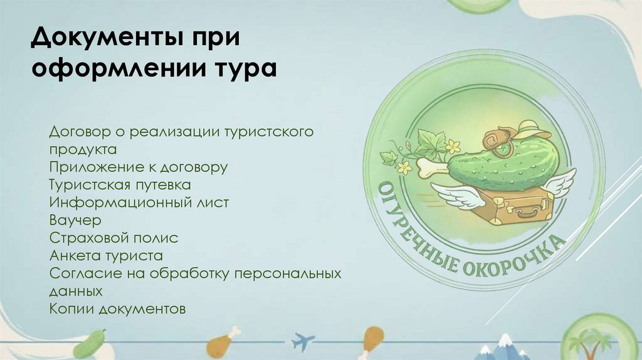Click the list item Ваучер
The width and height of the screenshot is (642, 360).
click(x=74, y=220)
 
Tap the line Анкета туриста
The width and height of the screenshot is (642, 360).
click(x=105, y=256)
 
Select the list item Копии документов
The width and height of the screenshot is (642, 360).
click(x=117, y=309)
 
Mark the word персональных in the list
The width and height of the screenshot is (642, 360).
click(x=292, y=274)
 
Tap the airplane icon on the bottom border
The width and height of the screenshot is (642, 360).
click(x=303, y=341)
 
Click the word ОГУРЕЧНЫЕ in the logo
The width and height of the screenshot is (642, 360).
click(x=414, y=226)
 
